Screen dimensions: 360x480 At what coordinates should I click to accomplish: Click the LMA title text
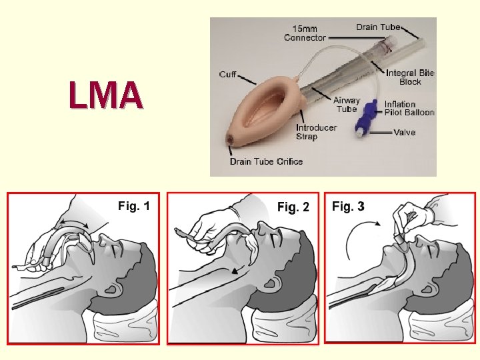(105, 95)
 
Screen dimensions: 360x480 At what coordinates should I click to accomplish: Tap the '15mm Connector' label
(305, 33)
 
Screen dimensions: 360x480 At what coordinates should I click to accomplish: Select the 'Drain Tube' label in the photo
(378, 27)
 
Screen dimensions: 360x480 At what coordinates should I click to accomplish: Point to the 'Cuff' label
(227, 74)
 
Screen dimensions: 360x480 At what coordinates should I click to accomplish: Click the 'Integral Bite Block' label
(410, 77)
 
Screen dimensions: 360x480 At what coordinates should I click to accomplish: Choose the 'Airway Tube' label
(347, 105)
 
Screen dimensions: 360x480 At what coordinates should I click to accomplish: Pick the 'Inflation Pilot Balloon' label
(409, 108)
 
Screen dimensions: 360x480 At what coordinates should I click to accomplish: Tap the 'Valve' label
(404, 132)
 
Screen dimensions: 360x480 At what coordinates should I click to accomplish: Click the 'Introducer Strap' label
(316, 132)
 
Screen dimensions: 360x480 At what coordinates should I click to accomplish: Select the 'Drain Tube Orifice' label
(266, 161)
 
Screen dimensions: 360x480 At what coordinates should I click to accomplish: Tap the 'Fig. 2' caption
(293, 207)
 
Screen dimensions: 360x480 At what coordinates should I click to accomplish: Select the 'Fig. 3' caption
(348, 207)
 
